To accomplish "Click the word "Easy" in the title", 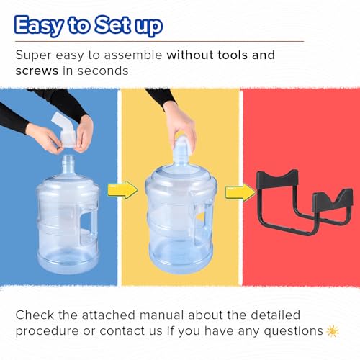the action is pos(39,26).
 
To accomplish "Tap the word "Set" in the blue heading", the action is pos(113,24).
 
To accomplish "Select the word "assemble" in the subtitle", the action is pos(133,55).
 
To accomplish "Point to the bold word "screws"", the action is pos(37,71).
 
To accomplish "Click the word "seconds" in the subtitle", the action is pos(103,71).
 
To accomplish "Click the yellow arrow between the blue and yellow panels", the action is pos(122,189).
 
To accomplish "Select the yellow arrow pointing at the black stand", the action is pos(240,192).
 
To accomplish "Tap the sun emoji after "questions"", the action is pos(333,331).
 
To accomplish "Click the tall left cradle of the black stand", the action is pos(277,179).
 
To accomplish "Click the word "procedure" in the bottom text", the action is pos(47,332).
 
